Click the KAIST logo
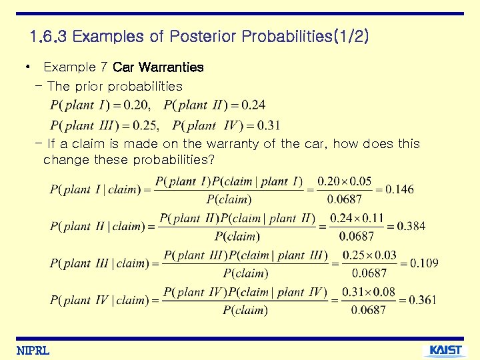point(445,350)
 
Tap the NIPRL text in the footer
point(33,351)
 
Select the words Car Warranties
point(158,67)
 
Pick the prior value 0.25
point(141,125)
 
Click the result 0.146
point(399,189)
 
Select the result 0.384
point(411,226)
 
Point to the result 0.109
point(424,263)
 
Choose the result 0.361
point(423,300)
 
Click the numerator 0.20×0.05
point(345,181)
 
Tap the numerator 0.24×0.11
point(357,218)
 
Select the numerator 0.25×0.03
point(369,255)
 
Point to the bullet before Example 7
point(26,67)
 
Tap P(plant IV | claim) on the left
point(99,300)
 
